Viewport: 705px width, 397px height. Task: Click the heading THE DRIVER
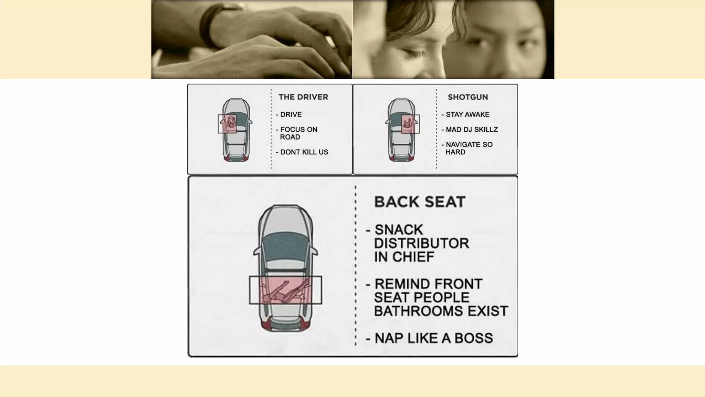coord(303,97)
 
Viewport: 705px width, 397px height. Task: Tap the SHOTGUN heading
coord(468,97)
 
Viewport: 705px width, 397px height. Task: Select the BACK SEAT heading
coord(420,202)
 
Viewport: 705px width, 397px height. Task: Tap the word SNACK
coord(399,230)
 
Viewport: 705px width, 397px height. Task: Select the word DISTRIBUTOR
coord(421,243)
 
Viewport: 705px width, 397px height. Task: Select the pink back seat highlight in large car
coord(285,290)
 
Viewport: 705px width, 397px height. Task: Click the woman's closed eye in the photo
coord(415,53)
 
